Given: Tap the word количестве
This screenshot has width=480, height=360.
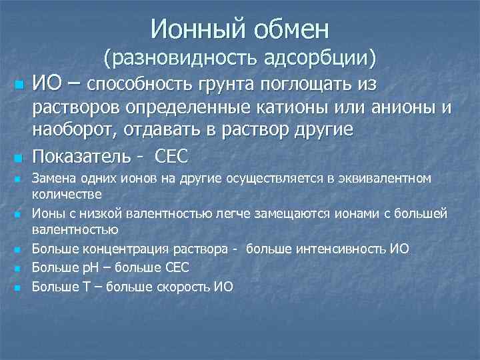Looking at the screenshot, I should click(x=67, y=194).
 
